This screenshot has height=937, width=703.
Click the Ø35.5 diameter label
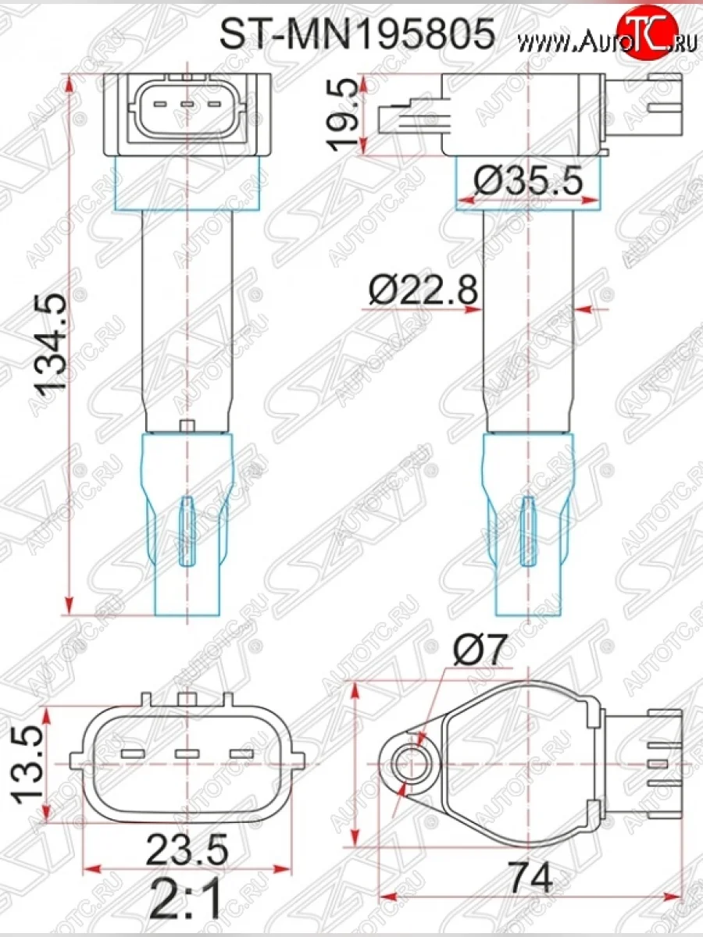click(x=529, y=182)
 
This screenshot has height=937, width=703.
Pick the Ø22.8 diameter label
click(x=422, y=293)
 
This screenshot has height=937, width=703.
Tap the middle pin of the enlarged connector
click(x=187, y=754)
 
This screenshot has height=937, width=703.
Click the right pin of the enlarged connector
click(x=241, y=754)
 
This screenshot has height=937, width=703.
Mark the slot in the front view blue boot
click(x=187, y=531)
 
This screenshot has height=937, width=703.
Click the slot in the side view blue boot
click(x=529, y=531)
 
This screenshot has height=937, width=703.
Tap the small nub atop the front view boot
click(x=187, y=426)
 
